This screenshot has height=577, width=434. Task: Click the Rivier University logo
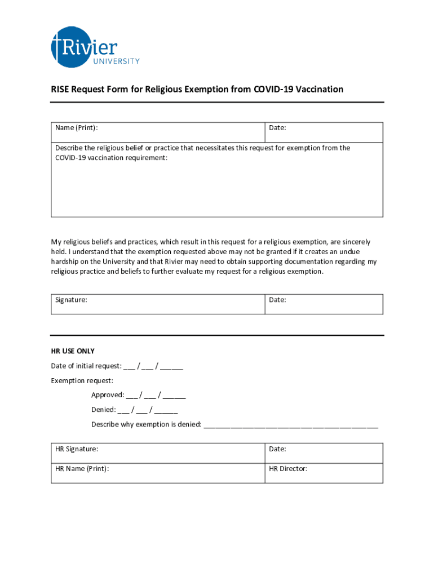94,47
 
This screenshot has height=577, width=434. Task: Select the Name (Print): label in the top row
77,128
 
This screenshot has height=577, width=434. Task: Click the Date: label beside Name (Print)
277,128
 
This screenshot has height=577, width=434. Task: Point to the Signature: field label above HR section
71,300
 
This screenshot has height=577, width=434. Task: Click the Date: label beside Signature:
277,300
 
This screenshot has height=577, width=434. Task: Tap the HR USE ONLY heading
73,351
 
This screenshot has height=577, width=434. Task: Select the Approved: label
108,395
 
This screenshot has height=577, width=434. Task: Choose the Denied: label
104,410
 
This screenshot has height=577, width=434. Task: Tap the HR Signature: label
77,449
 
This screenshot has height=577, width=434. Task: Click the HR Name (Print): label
82,469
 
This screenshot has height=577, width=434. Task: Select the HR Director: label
288,469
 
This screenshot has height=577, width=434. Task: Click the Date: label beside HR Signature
277,449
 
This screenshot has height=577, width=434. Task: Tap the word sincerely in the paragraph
355,242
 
